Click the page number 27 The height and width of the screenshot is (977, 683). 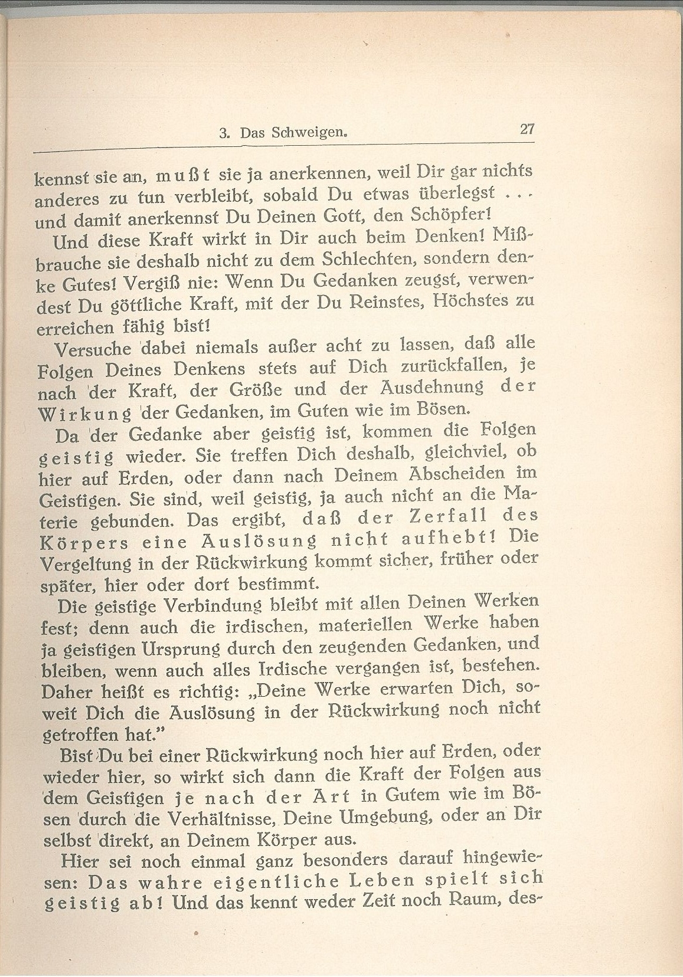coord(527,129)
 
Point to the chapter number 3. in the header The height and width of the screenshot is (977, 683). coord(224,134)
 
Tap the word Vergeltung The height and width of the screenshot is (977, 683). coord(86,564)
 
